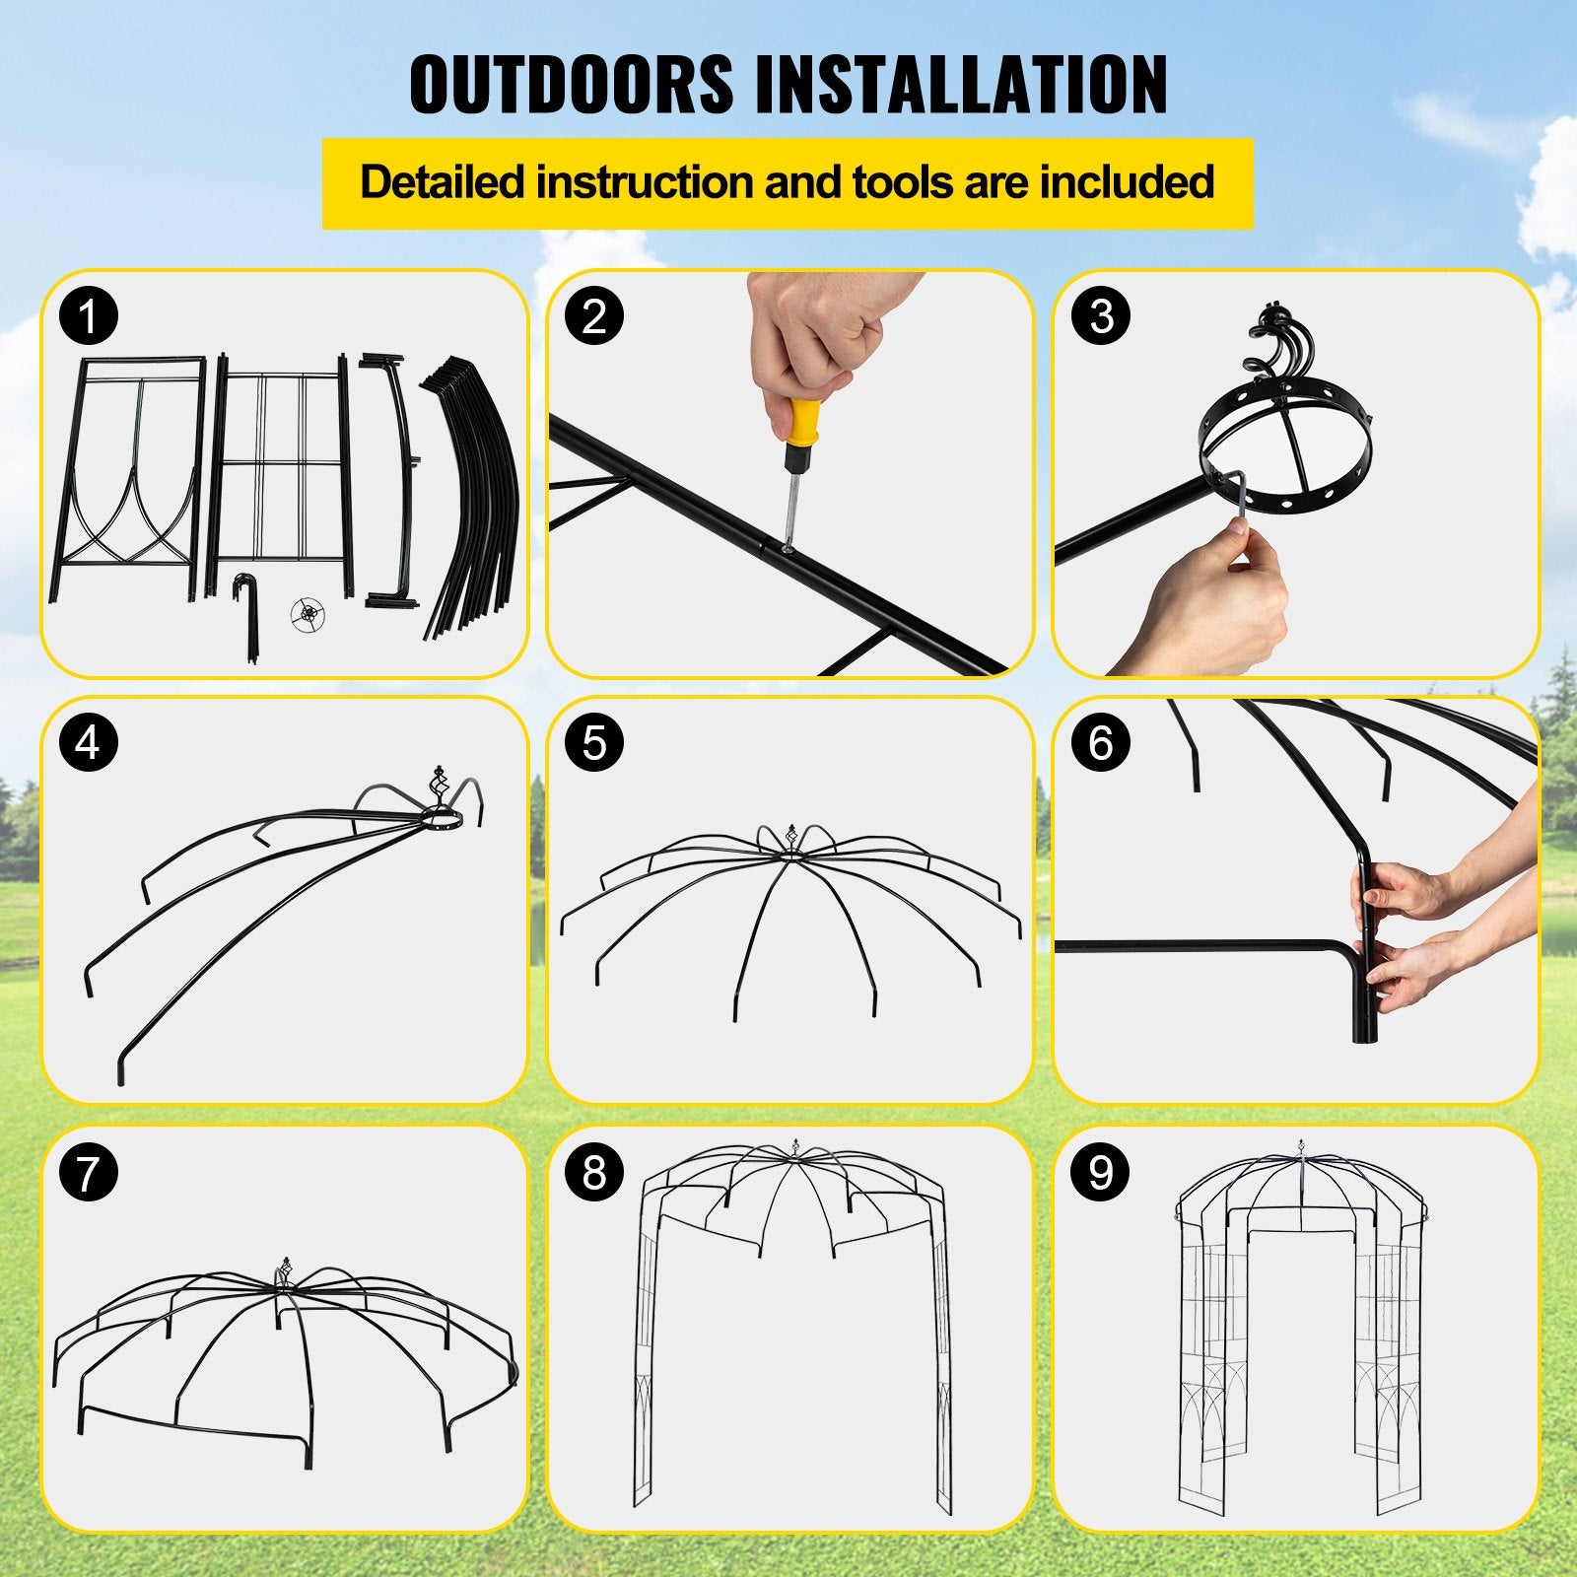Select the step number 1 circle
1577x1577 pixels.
click(89, 317)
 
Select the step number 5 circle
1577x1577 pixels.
click(594, 743)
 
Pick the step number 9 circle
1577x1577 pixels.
click(1100, 1173)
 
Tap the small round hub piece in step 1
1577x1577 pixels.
click(309, 614)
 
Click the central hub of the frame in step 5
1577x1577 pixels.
click(788, 854)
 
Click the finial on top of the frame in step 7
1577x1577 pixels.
click(287, 1271)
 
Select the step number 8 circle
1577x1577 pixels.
click(594, 1173)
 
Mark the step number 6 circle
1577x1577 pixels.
click(1100, 743)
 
